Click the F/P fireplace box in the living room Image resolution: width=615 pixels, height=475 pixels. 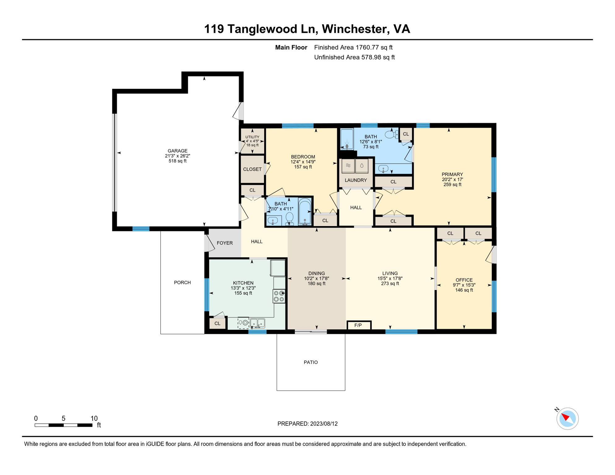coord(359,325)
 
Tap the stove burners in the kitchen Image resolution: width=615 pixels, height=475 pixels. coord(279,296)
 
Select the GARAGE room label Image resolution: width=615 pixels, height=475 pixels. coord(178,151)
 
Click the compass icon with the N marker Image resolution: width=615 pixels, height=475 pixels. coord(567,418)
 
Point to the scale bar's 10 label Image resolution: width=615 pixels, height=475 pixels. coord(94,418)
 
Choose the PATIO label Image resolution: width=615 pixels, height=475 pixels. coord(311,362)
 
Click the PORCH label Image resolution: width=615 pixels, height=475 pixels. coord(182,283)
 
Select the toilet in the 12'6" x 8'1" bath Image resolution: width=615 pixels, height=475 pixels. coord(392,135)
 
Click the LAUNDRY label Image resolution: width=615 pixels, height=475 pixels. coord(356,180)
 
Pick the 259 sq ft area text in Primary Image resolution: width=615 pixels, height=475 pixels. coord(452,185)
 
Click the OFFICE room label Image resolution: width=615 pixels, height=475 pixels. coord(464,280)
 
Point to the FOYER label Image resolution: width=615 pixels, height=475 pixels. coord(225,243)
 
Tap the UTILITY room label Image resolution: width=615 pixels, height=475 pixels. coord(252,137)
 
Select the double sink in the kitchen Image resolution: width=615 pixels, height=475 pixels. coord(257,323)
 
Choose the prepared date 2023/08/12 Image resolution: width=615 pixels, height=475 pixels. coord(324,424)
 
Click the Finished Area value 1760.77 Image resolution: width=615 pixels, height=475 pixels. coord(367,47)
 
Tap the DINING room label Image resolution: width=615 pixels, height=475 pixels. coord(316,273)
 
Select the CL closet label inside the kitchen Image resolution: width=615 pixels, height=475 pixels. coord(217,323)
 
